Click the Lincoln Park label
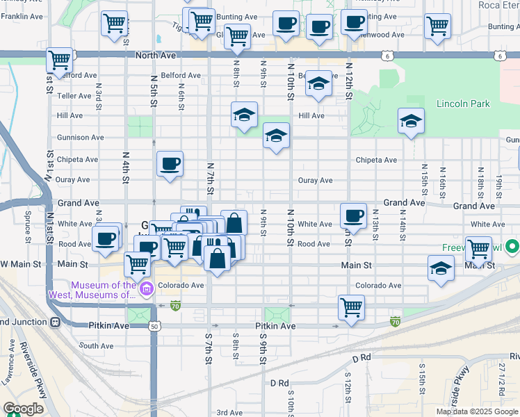463,104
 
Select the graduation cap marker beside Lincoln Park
411,122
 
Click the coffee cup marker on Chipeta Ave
170,164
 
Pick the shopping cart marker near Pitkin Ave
351,306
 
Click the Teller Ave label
74,96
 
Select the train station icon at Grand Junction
55,322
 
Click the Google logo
24,409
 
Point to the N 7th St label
209,177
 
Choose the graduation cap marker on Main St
441,268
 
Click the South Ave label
96,346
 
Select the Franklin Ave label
24,16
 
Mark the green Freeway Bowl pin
512,247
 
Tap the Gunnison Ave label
81,138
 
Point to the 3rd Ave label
229,412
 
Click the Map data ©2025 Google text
477,411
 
